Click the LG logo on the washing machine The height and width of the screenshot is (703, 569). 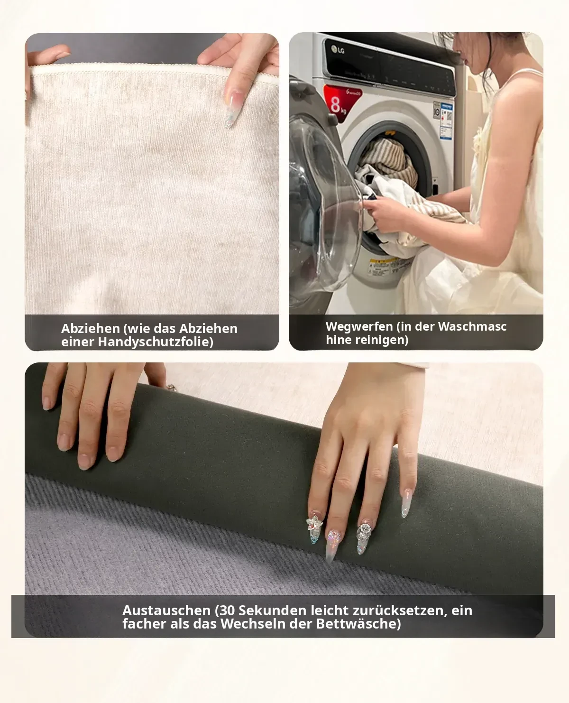pyautogui.click(x=338, y=50)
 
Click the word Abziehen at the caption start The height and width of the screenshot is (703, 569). pyautogui.click(x=91, y=329)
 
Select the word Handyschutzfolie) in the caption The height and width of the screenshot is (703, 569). pyautogui.click(x=156, y=342)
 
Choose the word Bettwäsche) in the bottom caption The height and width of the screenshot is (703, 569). pyautogui.click(x=358, y=624)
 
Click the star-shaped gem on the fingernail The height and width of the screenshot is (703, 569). pyautogui.click(x=314, y=524)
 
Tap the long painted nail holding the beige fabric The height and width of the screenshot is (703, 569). pyautogui.click(x=233, y=109)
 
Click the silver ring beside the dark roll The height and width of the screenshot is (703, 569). pyautogui.click(x=172, y=388)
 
